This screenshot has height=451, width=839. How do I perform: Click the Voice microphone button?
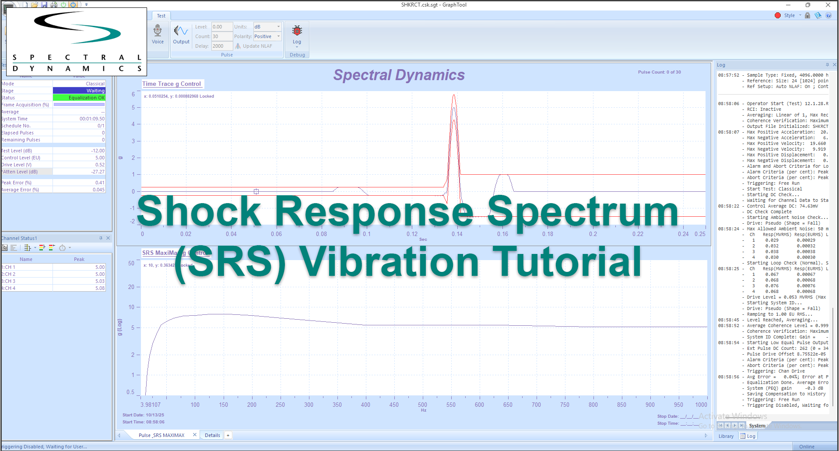click(x=158, y=34)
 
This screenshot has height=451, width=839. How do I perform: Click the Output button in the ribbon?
click(x=181, y=34)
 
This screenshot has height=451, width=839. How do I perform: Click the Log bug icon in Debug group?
click(x=297, y=34)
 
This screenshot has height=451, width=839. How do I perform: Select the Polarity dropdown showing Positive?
click(x=267, y=36)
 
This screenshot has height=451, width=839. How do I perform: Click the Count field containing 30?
click(x=221, y=36)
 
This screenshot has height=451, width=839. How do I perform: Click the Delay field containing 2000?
click(x=221, y=46)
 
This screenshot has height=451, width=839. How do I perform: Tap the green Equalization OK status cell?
click(x=79, y=98)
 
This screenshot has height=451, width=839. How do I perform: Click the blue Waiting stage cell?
click(x=79, y=91)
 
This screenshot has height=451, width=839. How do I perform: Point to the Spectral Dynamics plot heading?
click(x=399, y=75)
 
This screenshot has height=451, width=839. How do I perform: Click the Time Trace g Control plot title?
click(x=172, y=84)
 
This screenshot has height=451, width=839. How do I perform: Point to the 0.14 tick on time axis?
click(x=457, y=234)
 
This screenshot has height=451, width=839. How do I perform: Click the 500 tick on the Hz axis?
click(x=422, y=405)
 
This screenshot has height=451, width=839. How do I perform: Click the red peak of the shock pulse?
click(x=454, y=95)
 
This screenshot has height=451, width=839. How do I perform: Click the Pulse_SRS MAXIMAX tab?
click(x=161, y=435)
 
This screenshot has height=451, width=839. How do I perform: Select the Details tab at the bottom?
click(x=212, y=435)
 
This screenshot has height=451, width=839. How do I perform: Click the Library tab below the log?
click(x=726, y=436)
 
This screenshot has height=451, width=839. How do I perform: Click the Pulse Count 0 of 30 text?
click(x=659, y=72)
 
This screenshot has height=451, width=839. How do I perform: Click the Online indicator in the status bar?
click(x=806, y=447)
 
